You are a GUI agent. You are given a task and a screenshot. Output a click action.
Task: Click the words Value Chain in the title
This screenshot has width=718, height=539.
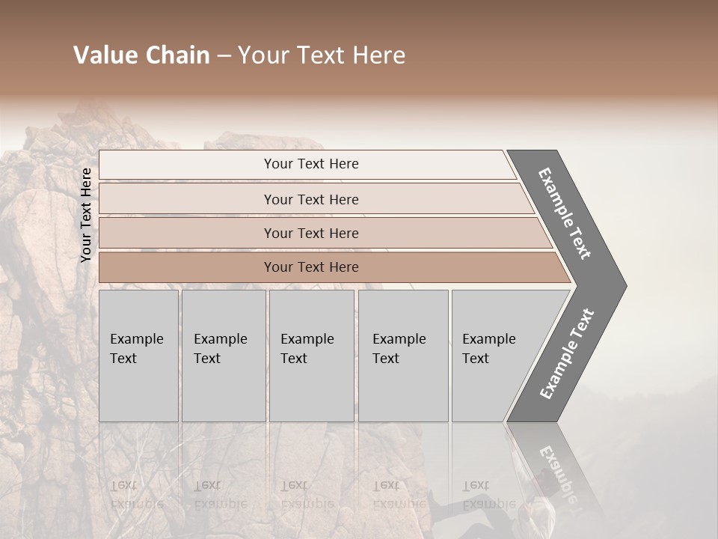coord(141,55)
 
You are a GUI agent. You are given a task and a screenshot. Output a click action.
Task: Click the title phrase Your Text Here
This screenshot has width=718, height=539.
coord(322,55)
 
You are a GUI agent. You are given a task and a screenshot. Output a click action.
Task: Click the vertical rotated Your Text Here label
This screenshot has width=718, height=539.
coord(86,215)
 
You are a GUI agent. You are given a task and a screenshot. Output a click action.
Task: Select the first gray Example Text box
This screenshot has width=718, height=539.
coord(138,356)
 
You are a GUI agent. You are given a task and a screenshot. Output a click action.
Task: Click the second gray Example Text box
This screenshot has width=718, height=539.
coord(224,356)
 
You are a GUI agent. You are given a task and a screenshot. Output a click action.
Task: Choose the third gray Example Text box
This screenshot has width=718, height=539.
coord(311,356)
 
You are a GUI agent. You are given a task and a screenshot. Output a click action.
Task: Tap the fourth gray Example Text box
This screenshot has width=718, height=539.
coord(403,356)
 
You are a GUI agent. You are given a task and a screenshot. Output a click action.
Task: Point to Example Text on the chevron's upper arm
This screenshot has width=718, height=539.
coord(565,213)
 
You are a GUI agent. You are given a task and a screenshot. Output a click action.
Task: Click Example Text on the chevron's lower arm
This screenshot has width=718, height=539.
coord(567,353)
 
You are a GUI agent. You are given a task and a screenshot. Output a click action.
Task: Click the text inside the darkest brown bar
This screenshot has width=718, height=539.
coord(311,267)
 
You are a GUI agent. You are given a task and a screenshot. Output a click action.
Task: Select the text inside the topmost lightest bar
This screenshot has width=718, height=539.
coord(311,164)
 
